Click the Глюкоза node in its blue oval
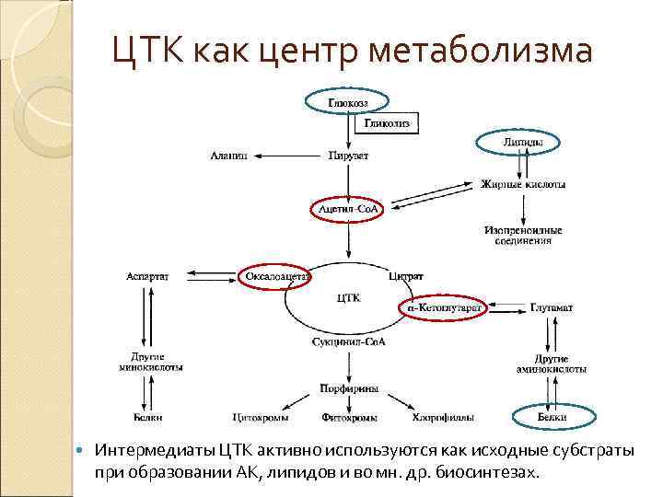tap(347, 103)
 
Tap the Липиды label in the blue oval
tap(522, 143)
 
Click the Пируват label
tap(348, 156)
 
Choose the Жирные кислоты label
tap(523, 185)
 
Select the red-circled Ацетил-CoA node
tap(348, 211)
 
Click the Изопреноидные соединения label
tap(521, 235)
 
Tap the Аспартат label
tap(148, 274)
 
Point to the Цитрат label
tap(406, 274)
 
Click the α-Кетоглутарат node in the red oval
tap(444, 307)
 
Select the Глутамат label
tap(552, 306)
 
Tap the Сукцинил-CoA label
tap(348, 341)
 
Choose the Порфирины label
tap(348, 389)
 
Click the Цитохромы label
tap(261, 418)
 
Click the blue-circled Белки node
tap(552, 418)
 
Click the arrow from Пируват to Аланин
tap(287, 156)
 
